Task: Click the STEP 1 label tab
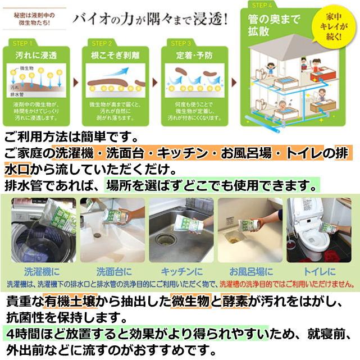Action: tap(23, 43)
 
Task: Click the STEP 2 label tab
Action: tap(102, 43)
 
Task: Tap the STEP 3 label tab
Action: tap(181, 43)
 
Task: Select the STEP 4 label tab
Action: tap(262, 5)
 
